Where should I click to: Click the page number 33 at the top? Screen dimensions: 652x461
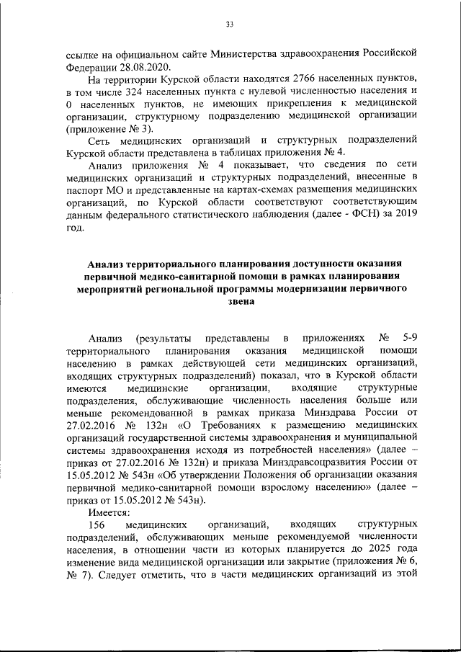(x=230, y=24)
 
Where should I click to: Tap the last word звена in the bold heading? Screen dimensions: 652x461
(x=230, y=303)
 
